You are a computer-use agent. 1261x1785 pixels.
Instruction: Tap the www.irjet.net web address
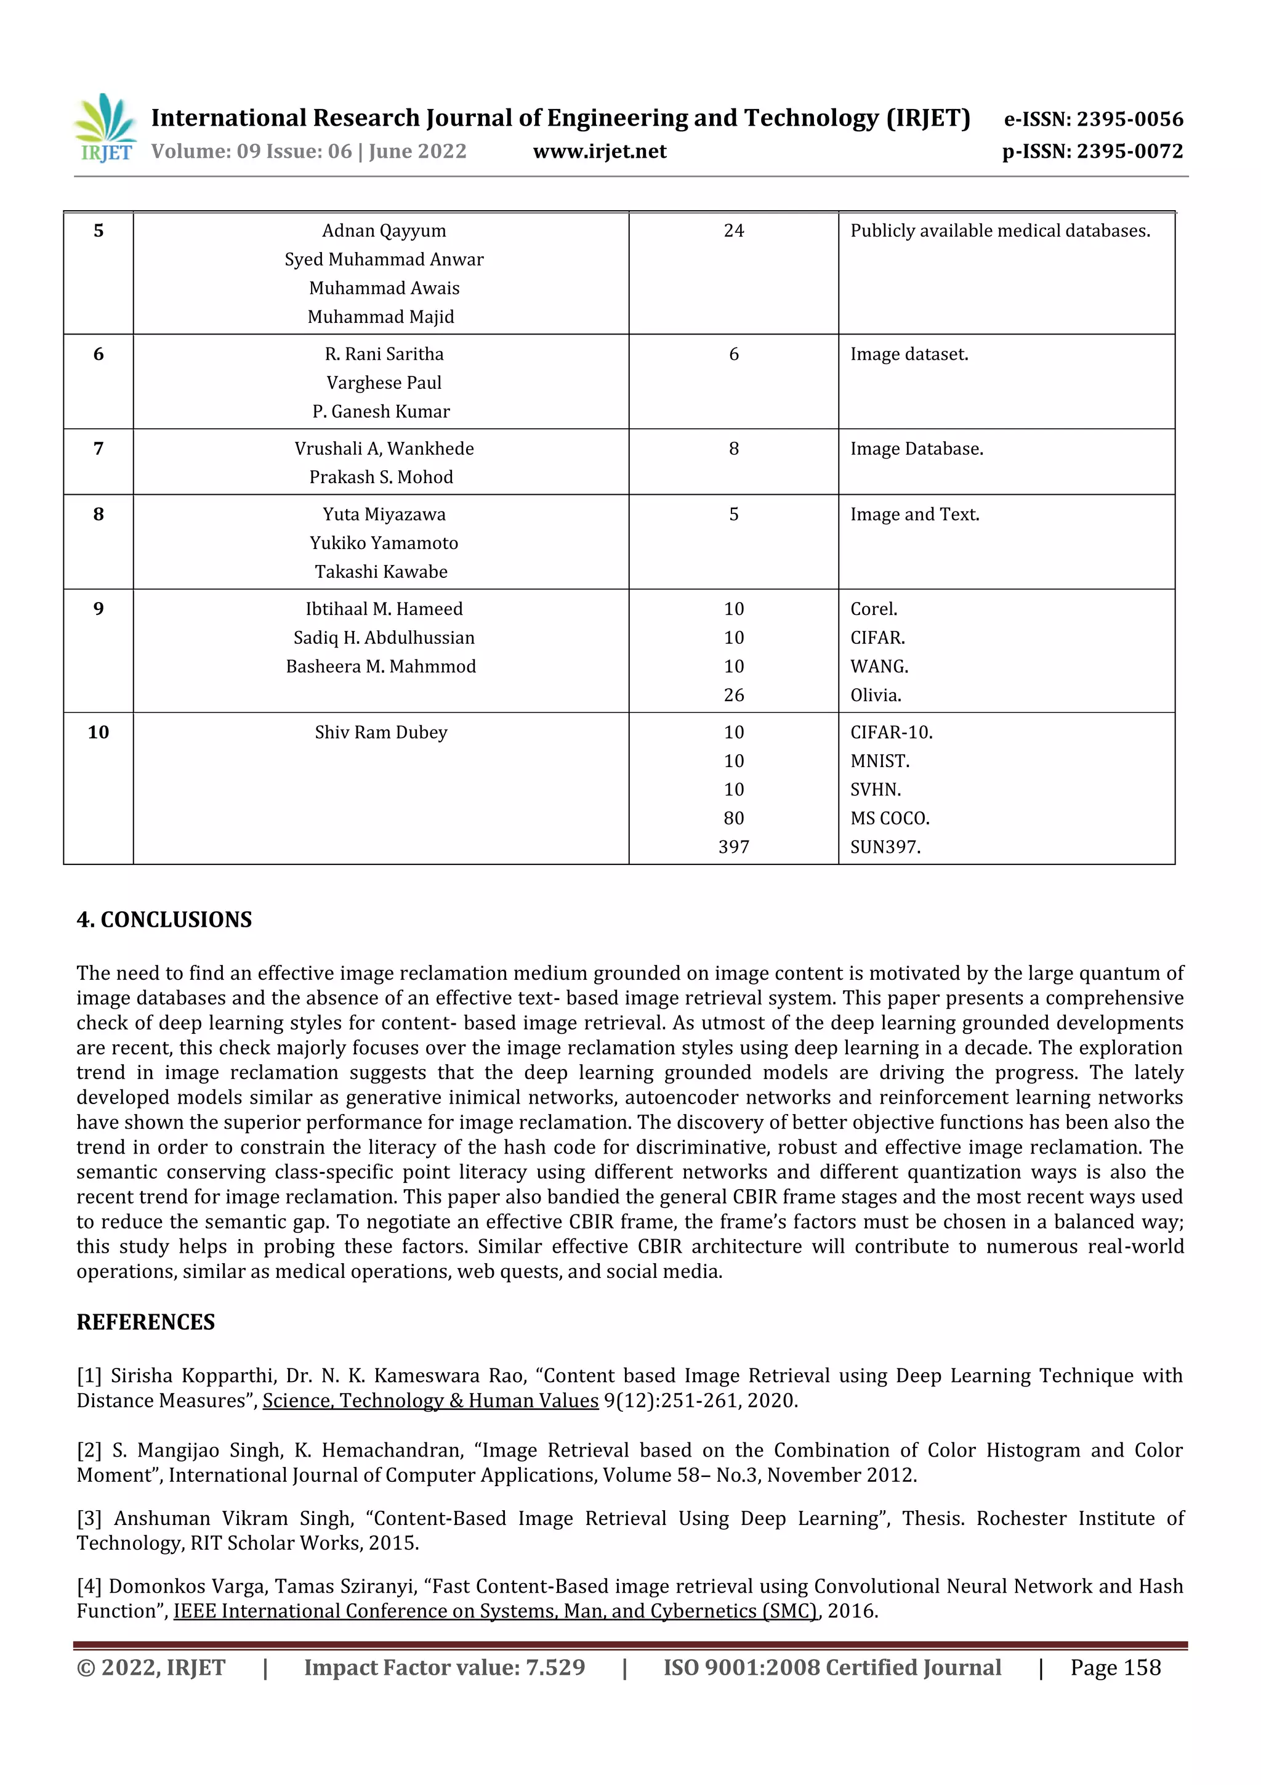(x=599, y=152)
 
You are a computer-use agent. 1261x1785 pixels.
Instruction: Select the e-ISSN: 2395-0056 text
(x=1093, y=119)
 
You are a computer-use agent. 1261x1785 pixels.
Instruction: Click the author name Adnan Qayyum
(x=384, y=231)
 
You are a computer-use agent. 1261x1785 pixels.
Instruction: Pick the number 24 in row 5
(x=733, y=231)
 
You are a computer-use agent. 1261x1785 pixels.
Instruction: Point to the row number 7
(x=99, y=449)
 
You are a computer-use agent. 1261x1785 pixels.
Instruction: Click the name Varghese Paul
(x=384, y=383)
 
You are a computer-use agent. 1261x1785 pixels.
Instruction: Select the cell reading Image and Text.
(x=914, y=514)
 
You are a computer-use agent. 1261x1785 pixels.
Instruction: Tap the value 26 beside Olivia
(x=733, y=695)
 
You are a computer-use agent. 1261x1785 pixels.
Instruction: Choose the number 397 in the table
(x=733, y=847)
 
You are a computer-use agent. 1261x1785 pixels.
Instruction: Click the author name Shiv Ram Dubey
(x=381, y=733)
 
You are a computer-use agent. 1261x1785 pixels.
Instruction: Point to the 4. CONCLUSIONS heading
(x=164, y=920)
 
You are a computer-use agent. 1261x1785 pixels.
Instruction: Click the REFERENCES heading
(x=145, y=1322)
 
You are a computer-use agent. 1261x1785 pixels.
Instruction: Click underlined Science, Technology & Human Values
(x=430, y=1401)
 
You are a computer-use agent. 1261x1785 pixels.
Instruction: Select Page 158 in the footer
(x=1115, y=1667)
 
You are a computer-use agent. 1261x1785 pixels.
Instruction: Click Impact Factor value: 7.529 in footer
(x=445, y=1667)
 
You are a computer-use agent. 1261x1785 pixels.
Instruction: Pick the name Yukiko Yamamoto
(x=384, y=543)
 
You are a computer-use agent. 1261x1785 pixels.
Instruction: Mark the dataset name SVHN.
(x=876, y=790)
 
